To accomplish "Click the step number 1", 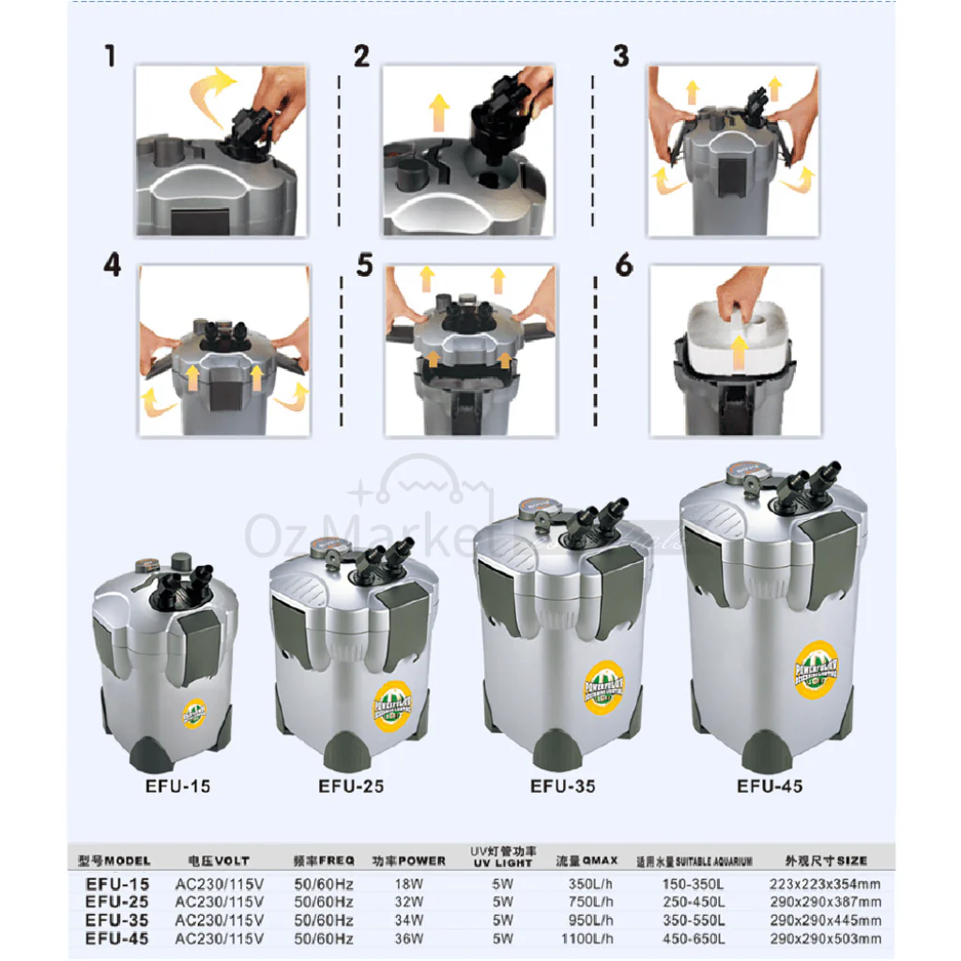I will click(111, 57).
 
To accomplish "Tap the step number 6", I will click(624, 266).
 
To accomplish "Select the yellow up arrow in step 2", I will click(438, 111).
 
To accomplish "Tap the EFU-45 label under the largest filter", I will click(770, 786).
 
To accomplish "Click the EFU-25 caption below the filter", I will click(351, 786).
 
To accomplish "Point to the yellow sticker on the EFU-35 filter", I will click(605, 685).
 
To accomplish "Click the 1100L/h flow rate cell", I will click(590, 938).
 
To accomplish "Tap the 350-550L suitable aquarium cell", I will click(693, 920).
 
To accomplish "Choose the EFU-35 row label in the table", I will click(116, 920).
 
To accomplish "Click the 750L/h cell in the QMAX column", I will click(590, 902).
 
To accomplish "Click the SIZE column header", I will click(826, 860).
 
